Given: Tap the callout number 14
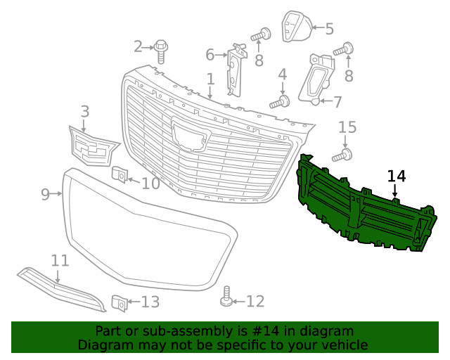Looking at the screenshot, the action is point(397,176).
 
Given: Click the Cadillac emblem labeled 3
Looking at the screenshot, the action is point(94,146).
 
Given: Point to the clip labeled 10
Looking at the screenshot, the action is point(120,174).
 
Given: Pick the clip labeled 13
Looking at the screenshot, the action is point(120,303).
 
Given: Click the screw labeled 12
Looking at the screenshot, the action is point(226,297).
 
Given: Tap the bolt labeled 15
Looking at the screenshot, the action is point(342,155).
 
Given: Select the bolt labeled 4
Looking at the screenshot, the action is point(280,103).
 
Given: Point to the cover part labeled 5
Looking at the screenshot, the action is point(296,27).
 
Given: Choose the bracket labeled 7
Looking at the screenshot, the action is point(316,79).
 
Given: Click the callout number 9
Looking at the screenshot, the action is point(45,194).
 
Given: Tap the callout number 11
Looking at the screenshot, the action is point(60,261).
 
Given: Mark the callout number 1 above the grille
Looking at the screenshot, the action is point(210,79).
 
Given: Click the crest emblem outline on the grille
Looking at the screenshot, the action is point(191,134).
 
